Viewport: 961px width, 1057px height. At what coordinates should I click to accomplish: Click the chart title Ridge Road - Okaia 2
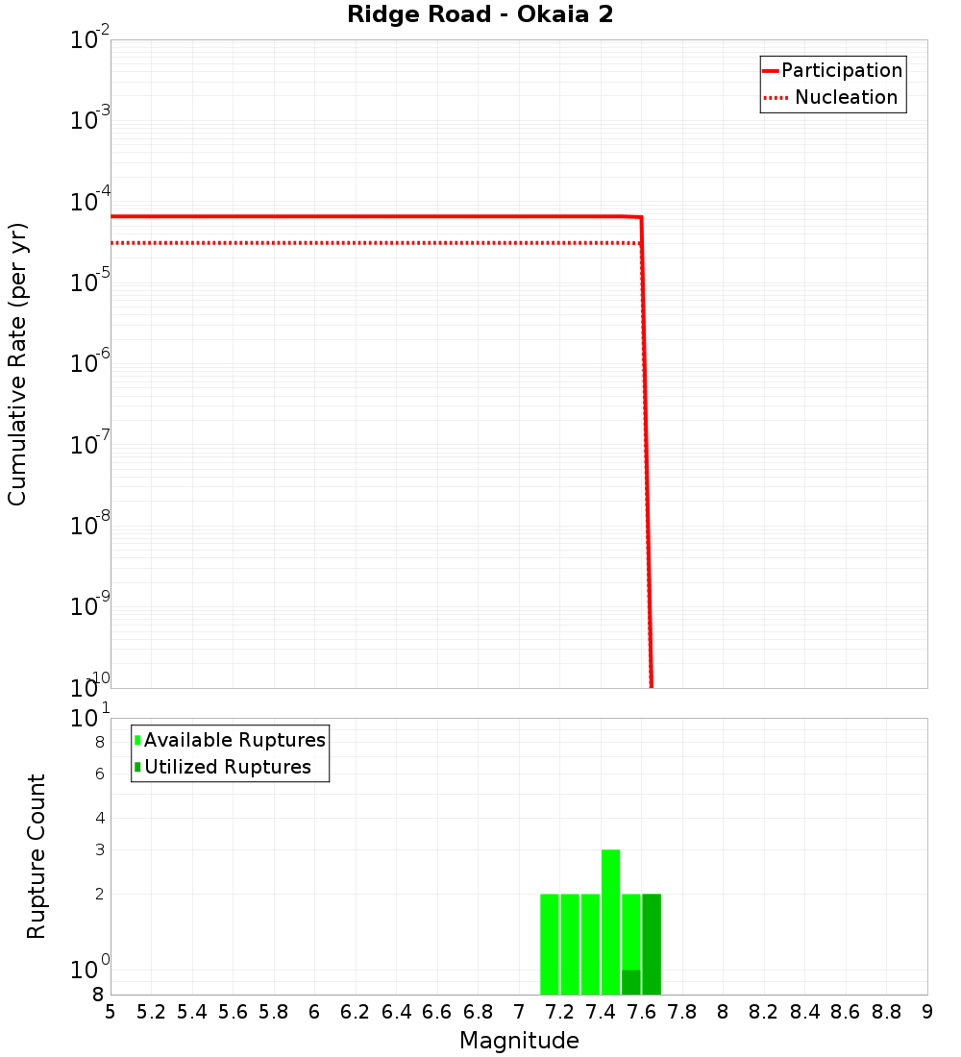(480, 15)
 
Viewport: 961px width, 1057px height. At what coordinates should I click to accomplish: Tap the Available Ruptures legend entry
(234, 740)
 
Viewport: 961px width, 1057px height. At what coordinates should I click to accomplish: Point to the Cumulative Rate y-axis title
(17, 364)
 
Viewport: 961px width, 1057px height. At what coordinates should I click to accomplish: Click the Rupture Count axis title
(37, 856)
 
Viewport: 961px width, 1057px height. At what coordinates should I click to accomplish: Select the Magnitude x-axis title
(519, 1041)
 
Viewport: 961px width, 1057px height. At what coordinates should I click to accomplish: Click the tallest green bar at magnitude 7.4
(610, 922)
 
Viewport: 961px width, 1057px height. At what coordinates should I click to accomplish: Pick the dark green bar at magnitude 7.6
(652, 944)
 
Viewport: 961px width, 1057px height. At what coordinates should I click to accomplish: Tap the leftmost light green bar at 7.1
(549, 944)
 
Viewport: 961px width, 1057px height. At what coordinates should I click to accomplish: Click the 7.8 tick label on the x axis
(682, 1012)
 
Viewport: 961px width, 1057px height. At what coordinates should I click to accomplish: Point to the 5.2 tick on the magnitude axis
(151, 1012)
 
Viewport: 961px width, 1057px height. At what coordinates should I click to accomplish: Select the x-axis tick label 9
(927, 1012)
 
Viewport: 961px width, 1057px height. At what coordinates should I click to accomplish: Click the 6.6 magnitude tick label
(437, 1012)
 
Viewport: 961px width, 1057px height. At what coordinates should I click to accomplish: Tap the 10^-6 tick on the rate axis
(90, 363)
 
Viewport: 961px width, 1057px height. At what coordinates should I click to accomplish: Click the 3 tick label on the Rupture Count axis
(100, 849)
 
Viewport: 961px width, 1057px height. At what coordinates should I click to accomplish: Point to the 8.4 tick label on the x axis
(805, 1012)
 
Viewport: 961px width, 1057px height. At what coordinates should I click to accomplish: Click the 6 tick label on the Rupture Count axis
(99, 774)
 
